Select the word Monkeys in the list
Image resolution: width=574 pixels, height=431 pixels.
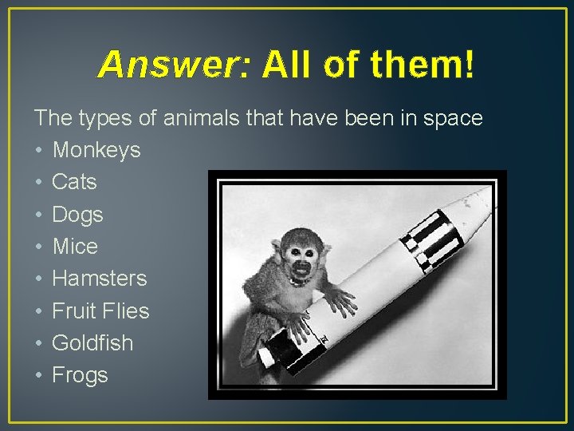click(96, 150)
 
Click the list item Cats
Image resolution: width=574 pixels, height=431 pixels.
click(74, 182)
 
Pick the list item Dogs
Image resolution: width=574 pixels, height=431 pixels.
click(77, 215)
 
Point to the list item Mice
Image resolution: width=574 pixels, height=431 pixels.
click(75, 247)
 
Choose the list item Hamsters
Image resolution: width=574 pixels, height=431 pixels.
click(100, 279)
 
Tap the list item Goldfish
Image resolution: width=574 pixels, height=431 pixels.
click(92, 343)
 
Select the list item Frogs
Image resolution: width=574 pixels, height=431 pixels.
click(80, 375)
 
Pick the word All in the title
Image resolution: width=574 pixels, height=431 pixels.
click(285, 64)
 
